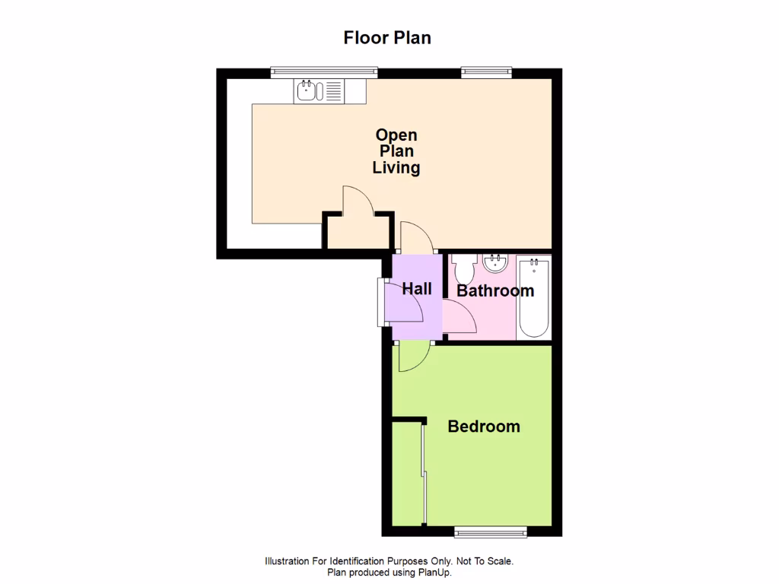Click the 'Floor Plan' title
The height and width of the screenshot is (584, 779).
[387, 37]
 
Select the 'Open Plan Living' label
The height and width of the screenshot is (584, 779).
[396, 151]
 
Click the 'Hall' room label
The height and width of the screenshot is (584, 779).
[416, 288]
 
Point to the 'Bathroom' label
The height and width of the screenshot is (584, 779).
[495, 290]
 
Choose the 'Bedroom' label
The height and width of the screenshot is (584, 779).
[484, 427]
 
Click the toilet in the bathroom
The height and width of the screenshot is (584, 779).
[463, 268]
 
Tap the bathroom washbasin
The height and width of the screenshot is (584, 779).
[495, 264]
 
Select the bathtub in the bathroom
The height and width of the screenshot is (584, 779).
[533, 298]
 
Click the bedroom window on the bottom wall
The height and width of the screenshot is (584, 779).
[490, 532]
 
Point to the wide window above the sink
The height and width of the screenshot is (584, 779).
[324, 72]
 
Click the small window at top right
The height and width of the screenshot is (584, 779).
[486, 72]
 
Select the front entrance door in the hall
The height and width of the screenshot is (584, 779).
[403, 303]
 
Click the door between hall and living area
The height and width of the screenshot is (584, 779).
[416, 236]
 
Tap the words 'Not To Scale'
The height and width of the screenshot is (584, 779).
[484, 561]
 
